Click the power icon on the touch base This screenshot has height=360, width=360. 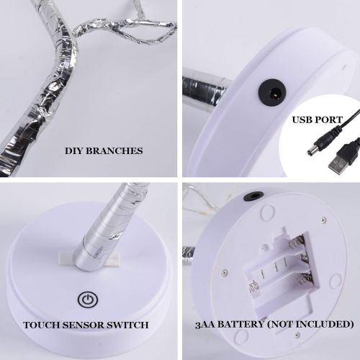click(x=88, y=300)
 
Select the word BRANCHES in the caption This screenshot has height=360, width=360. click(x=114, y=151)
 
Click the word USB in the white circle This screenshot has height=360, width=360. click(x=302, y=120)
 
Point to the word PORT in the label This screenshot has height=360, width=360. click(x=330, y=120)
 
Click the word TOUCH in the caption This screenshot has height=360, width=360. click(x=41, y=325)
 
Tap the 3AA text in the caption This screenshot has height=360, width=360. click(x=204, y=325)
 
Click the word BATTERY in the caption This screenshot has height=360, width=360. click(x=240, y=325)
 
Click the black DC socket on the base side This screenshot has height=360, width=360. click(x=272, y=92)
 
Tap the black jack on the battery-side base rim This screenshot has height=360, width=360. click(x=253, y=196)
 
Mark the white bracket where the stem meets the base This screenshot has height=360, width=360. click(x=89, y=259)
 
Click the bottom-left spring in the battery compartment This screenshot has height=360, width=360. click(x=253, y=286)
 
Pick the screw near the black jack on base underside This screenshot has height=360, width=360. click(x=323, y=219)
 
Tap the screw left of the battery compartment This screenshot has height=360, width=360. click(x=225, y=271)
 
